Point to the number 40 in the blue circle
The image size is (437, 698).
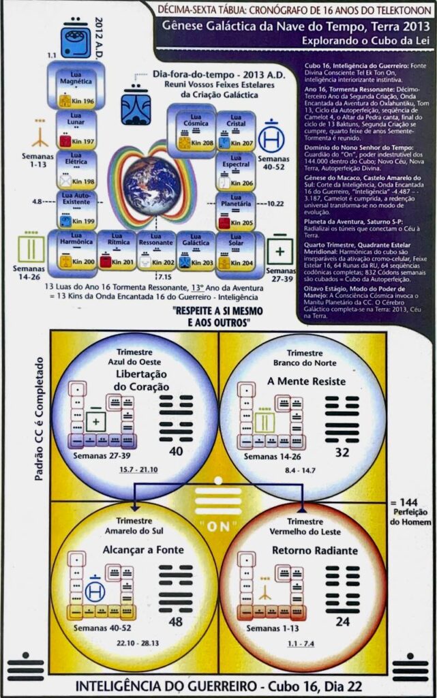point(177,452)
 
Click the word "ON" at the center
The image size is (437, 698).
point(218,526)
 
